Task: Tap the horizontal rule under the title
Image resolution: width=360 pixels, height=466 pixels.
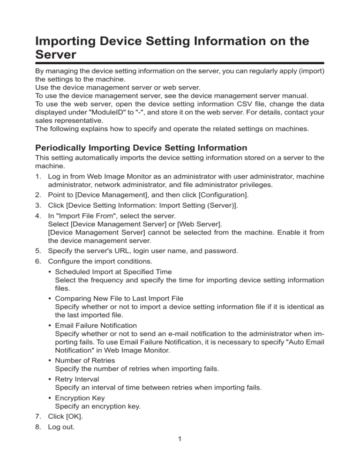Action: click(x=180, y=63)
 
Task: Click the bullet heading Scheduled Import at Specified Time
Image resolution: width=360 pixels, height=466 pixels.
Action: click(x=113, y=271)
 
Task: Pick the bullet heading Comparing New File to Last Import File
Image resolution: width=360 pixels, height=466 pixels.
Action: click(x=119, y=298)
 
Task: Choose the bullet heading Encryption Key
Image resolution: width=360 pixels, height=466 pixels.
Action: click(x=79, y=398)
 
